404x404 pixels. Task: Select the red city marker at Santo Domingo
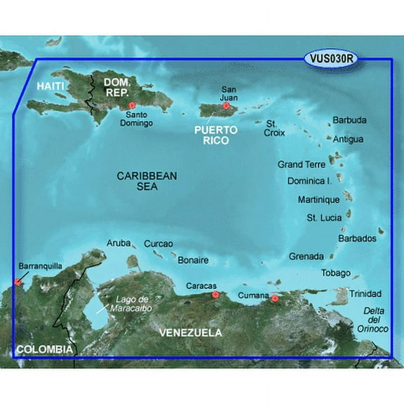(x=132, y=106)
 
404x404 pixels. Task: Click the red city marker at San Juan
(x=226, y=106)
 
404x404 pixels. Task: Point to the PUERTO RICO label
(x=217, y=135)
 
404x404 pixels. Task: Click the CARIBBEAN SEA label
(x=147, y=181)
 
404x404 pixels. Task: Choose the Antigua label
(x=349, y=139)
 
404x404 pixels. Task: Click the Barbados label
(x=358, y=238)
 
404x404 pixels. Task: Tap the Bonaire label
(x=193, y=260)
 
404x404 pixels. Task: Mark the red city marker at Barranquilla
(x=18, y=283)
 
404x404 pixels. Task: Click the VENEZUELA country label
(x=189, y=332)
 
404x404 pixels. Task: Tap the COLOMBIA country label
(x=44, y=349)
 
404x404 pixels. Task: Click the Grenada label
(x=306, y=256)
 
